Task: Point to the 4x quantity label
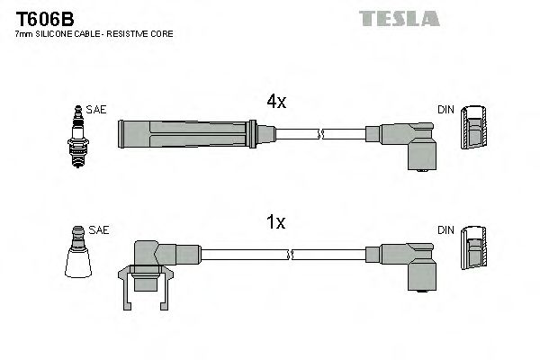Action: [276, 103]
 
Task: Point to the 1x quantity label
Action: [276, 222]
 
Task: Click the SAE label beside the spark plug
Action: [98, 110]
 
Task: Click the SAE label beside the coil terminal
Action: [100, 230]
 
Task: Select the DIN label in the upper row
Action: [445, 110]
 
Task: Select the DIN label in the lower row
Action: [445, 230]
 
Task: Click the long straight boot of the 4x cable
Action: [189, 134]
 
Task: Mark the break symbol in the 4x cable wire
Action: [320, 135]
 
